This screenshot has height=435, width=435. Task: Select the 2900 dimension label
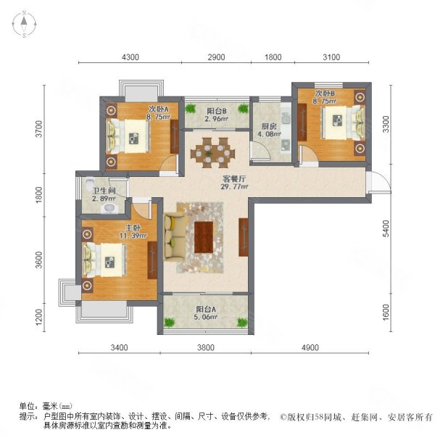click(217, 57)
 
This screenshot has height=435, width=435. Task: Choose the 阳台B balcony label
click(216, 111)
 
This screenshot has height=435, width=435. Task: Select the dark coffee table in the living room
click(205, 236)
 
